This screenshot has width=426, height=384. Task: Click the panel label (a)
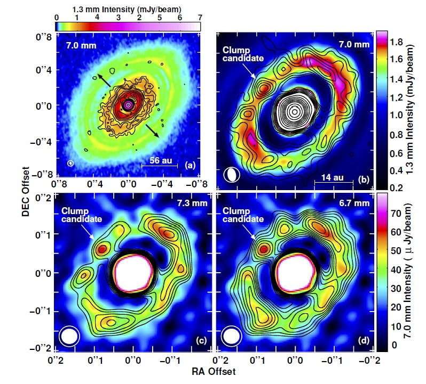click(189, 166)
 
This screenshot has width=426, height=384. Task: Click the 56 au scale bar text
click(158, 160)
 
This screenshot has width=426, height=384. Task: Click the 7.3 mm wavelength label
click(192, 202)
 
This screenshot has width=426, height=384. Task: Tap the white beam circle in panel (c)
click(69, 336)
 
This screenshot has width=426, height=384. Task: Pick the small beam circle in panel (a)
click(70, 162)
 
